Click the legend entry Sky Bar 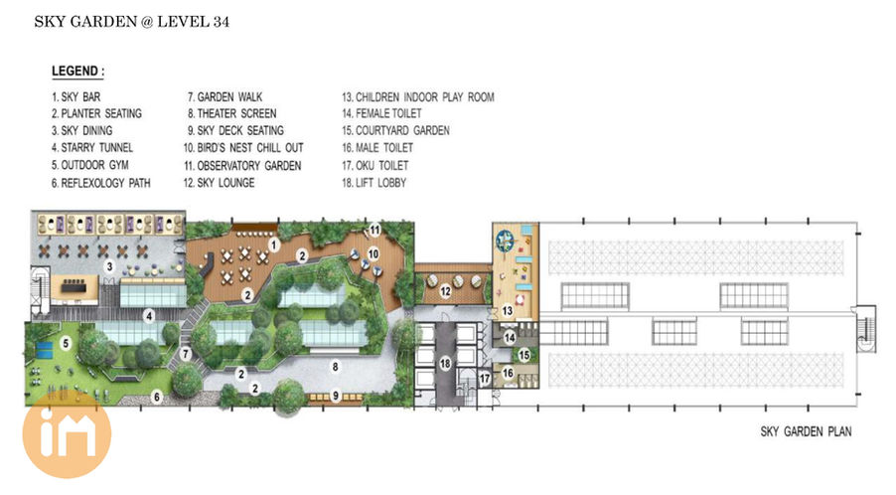(x=76, y=97)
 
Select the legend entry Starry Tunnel (x=92, y=148)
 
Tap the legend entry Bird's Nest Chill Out (x=243, y=148)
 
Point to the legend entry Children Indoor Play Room (x=418, y=97)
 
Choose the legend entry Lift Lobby (x=374, y=183)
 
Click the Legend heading (x=77, y=72)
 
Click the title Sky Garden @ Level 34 (x=132, y=22)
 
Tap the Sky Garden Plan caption (x=806, y=431)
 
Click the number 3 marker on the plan (x=109, y=266)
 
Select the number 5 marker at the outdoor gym (x=66, y=344)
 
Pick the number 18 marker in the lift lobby (x=445, y=363)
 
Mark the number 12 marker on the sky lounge (x=446, y=291)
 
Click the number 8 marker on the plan (x=336, y=367)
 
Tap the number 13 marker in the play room (x=508, y=311)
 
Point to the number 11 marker (x=374, y=231)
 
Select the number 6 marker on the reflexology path (x=157, y=397)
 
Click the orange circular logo (x=67, y=434)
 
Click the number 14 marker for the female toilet (x=510, y=338)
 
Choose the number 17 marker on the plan (x=485, y=379)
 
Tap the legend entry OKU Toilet (x=375, y=166)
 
